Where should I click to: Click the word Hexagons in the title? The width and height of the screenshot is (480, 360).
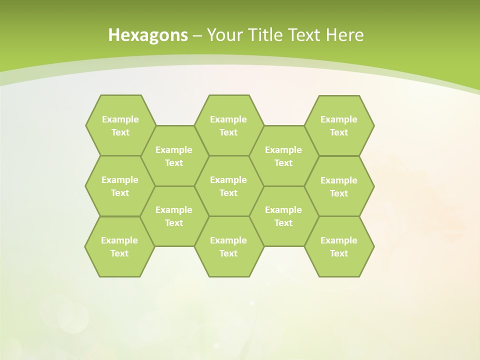pyautogui.click(x=148, y=35)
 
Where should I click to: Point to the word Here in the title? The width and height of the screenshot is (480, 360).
pyautogui.click(x=344, y=35)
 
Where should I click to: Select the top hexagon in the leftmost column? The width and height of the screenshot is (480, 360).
pyautogui.click(x=120, y=125)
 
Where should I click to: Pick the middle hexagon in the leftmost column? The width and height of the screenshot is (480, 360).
pyautogui.click(x=120, y=186)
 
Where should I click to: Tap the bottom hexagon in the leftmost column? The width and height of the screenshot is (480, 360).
pyautogui.click(x=119, y=246)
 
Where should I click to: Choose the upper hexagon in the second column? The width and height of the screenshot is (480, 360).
pyautogui.click(x=174, y=156)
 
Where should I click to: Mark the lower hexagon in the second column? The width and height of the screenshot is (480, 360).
pyautogui.click(x=174, y=216)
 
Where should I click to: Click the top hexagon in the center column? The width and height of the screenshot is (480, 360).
pyautogui.click(x=228, y=125)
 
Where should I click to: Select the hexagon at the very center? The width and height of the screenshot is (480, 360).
pyautogui.click(x=228, y=186)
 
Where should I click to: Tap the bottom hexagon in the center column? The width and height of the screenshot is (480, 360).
pyautogui.click(x=228, y=246)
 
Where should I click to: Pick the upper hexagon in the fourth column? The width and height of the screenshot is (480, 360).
pyautogui.click(x=283, y=156)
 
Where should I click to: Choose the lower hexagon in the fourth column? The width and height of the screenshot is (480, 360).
pyautogui.click(x=283, y=216)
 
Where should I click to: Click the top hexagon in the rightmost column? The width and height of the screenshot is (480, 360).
pyautogui.click(x=339, y=125)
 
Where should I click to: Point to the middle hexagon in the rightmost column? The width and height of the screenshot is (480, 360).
pyautogui.click(x=339, y=186)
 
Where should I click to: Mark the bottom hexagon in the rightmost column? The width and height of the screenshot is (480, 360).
pyautogui.click(x=339, y=246)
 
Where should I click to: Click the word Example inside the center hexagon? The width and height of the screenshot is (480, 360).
pyautogui.click(x=228, y=179)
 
